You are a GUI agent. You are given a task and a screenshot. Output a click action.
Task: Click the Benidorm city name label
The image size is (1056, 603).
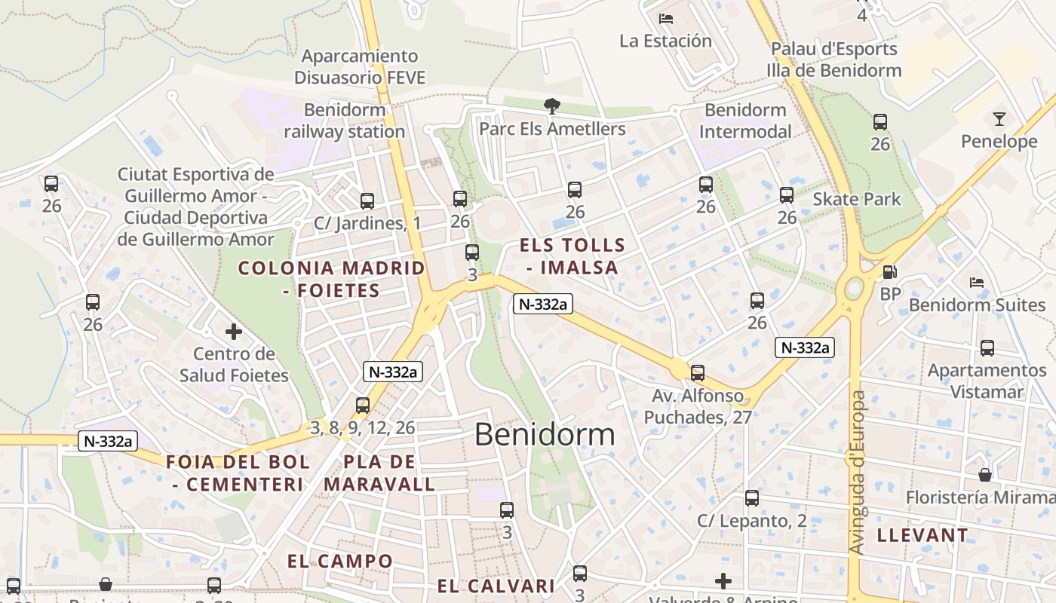pyautogui.click(x=545, y=435)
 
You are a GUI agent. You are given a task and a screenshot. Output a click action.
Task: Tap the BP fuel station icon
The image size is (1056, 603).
pyautogui.click(x=890, y=272)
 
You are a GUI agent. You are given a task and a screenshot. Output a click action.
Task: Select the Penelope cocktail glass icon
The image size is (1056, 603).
pyautogui.click(x=999, y=119)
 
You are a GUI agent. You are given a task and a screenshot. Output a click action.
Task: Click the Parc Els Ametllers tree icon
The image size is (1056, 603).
pyautogui.click(x=552, y=106)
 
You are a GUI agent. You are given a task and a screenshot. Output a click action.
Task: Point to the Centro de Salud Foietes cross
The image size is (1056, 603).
pyautogui.click(x=234, y=331)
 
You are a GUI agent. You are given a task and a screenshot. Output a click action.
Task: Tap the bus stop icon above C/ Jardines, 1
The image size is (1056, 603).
pyautogui.click(x=367, y=201)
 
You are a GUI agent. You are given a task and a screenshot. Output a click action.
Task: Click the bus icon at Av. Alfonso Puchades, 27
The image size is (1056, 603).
pyautogui.click(x=698, y=372)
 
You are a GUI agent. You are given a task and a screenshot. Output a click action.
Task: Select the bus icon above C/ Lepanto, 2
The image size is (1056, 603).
pyautogui.click(x=752, y=498)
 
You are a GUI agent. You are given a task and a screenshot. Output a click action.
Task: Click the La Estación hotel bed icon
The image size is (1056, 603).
pyautogui.click(x=665, y=19)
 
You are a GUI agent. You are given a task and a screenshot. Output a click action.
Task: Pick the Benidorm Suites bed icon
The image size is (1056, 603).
pyautogui.click(x=977, y=283)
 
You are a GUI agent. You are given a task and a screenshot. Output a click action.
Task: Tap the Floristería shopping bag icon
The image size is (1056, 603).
pyautogui.click(x=985, y=475)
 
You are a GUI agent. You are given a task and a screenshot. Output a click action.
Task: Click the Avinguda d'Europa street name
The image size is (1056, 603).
pyautogui.click(x=858, y=473)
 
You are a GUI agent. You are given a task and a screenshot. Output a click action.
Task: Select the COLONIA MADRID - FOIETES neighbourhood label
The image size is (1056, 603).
pyautogui.click(x=332, y=279)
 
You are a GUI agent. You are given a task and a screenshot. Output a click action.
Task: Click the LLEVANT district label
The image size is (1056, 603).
pyautogui.click(x=922, y=536)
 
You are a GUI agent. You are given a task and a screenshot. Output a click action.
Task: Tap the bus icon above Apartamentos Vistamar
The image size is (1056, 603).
pyautogui.click(x=987, y=348)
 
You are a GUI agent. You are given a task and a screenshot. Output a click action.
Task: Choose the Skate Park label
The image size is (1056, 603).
pyautogui.click(x=857, y=199)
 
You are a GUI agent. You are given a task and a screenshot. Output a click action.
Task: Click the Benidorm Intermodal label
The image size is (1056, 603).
pyautogui.click(x=745, y=121)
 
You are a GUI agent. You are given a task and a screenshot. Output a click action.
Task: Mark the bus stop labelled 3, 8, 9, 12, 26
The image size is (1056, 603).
pyautogui.click(x=363, y=406)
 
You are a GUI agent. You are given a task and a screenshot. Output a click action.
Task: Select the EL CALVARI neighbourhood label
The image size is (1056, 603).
pyautogui.click(x=496, y=586)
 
